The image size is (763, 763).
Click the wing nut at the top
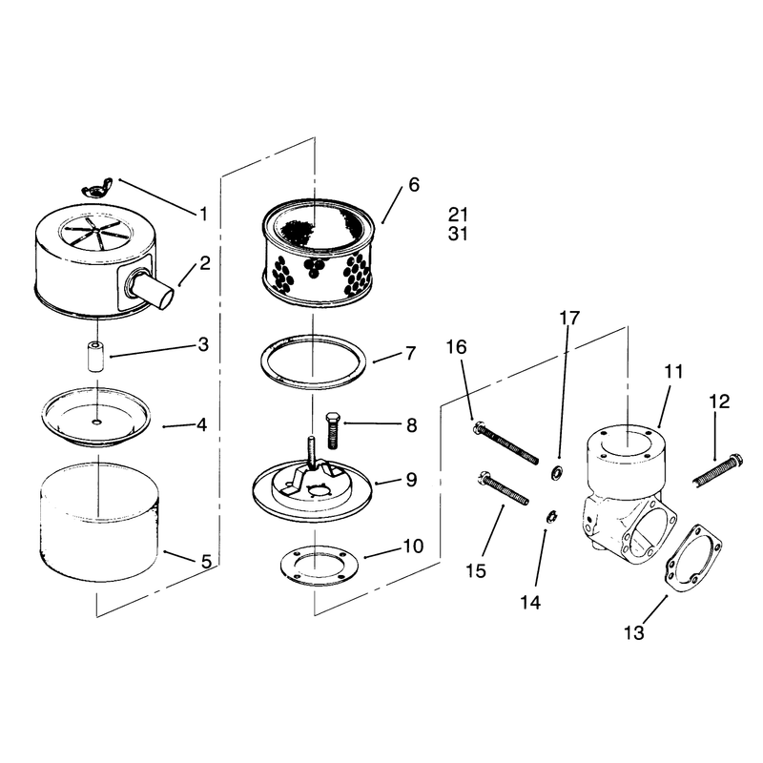coord(97,188)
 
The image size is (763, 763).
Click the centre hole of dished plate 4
coord(97,422)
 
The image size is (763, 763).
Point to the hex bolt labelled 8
coord(333,430)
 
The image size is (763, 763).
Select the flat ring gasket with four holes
coord(320,564)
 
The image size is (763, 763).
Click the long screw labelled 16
coord(505,443)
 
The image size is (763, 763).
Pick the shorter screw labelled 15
coord(504,488)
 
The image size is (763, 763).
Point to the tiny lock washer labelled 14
coord(552,517)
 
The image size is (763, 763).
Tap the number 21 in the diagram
coord(458,215)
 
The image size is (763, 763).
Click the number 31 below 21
coord(458,234)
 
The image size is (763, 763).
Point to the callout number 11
coord(674,372)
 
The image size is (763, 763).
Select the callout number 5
coord(206,562)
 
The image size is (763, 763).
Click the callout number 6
coord(414,185)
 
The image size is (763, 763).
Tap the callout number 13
coord(634,632)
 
